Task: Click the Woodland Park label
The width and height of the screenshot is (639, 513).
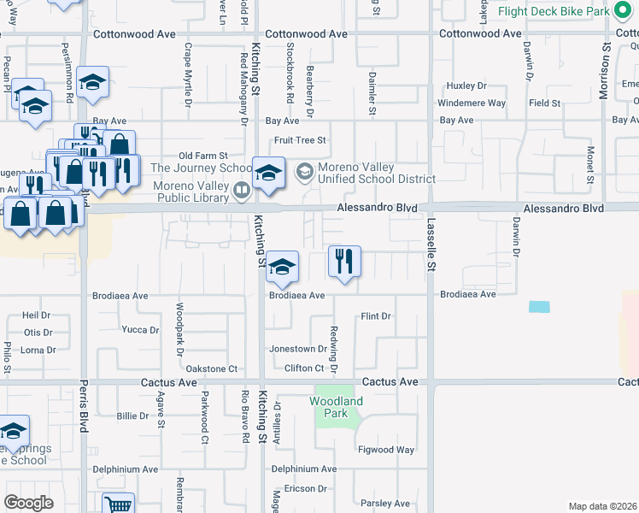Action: click(x=336, y=406)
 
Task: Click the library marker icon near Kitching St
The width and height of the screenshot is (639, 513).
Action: click(x=242, y=190)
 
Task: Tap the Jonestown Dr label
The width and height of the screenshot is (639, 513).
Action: click(x=298, y=349)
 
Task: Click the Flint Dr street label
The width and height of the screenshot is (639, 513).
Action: click(x=375, y=316)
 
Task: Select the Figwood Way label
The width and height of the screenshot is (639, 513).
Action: click(x=386, y=450)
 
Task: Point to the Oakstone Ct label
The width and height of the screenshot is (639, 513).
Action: click(x=211, y=369)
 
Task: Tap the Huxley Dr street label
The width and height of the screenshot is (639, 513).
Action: click(x=466, y=86)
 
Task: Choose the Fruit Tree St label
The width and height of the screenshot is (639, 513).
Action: click(x=300, y=140)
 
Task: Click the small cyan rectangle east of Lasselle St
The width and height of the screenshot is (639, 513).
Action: click(x=539, y=307)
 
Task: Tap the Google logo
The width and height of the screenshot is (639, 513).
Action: click(x=28, y=503)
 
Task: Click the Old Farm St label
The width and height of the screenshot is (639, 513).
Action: click(x=202, y=156)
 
